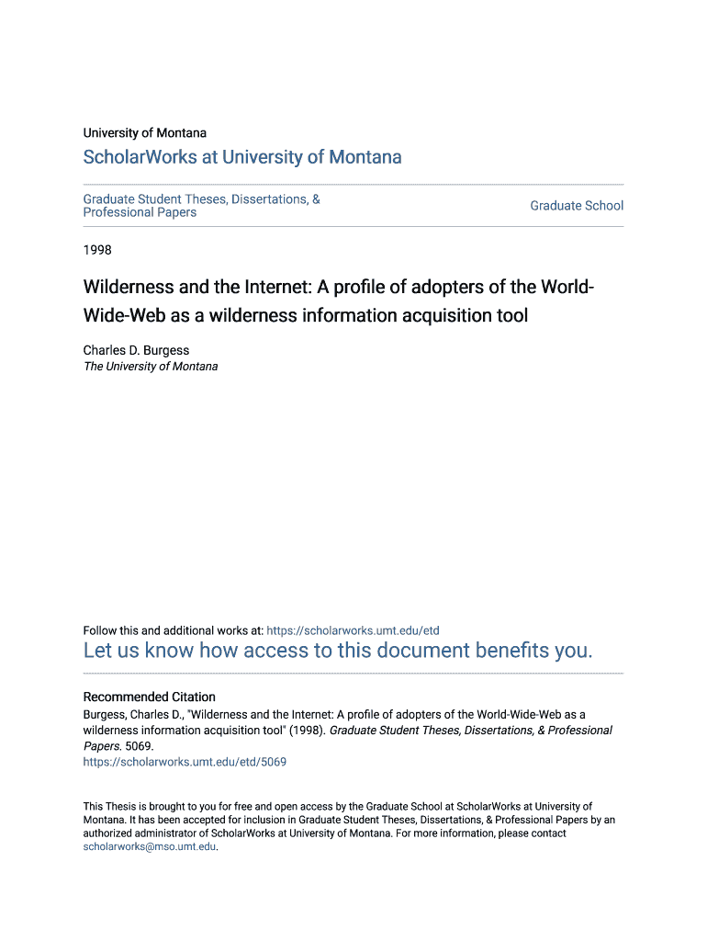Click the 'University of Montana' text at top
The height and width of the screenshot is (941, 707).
click(x=144, y=133)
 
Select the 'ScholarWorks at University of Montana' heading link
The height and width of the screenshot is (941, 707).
click(x=242, y=157)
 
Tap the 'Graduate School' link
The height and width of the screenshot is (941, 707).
click(x=577, y=206)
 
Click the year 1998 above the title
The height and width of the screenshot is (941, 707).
click(x=98, y=249)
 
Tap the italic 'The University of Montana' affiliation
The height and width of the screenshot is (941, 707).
click(x=151, y=367)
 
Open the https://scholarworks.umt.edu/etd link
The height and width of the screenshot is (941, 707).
click(x=353, y=630)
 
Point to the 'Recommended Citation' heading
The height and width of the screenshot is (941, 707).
click(x=150, y=697)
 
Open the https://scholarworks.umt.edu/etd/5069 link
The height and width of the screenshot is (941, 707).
click(x=185, y=762)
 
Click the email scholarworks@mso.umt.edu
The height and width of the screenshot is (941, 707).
click(x=149, y=847)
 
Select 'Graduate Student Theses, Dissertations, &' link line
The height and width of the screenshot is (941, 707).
click(x=201, y=199)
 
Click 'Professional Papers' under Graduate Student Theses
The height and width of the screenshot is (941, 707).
click(x=140, y=213)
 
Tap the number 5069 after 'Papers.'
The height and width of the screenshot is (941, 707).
click(x=140, y=746)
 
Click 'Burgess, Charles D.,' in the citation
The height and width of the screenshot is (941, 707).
click(x=133, y=714)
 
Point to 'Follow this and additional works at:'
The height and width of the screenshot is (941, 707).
click(x=173, y=630)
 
